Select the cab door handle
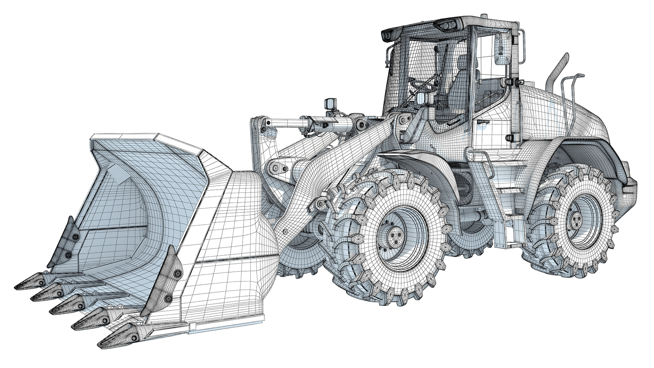(483, 122)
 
